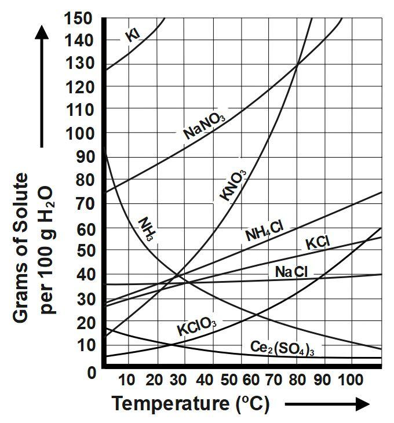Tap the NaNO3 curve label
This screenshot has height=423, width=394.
[x=204, y=126]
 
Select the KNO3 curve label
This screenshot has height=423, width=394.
[x=234, y=185]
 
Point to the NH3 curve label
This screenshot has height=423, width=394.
[x=149, y=229]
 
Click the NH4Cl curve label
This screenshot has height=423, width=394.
[x=264, y=231]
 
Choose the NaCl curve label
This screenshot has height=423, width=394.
[x=291, y=271]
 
